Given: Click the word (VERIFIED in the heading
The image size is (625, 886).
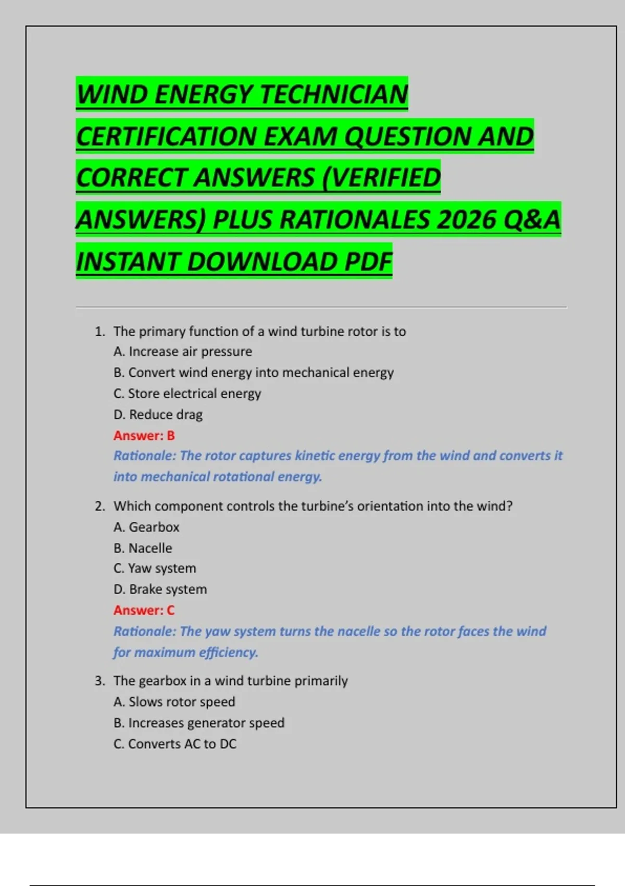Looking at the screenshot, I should pos(381,178).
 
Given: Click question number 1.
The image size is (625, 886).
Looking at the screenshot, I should pos(99,331).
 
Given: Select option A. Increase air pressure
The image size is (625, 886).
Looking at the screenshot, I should pos(183,352).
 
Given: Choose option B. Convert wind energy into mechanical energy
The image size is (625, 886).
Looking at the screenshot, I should pos(254,373).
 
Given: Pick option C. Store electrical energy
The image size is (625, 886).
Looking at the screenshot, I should pos(187,393).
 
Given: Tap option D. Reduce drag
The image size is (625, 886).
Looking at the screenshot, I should pos(158,415).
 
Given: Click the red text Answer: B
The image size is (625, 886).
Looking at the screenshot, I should pos(144,435).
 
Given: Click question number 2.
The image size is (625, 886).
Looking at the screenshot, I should pos(99,506).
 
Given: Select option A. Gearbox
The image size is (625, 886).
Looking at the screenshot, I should pos(146,527).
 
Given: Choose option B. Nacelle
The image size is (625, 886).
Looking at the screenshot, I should pos(143,548).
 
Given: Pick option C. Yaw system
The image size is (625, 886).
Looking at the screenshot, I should pos(155,568).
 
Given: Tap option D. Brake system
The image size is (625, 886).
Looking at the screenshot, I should pos(160,589).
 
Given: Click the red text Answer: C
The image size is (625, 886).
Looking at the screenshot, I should pos(144,610).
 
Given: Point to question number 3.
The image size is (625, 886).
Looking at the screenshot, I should pos(99,681).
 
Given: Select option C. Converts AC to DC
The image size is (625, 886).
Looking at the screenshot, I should pos(175,744).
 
